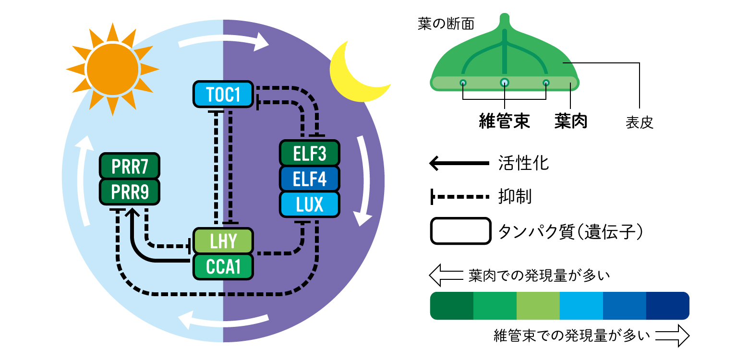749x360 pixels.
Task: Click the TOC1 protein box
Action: click(x=223, y=94)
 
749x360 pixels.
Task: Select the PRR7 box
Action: click(x=130, y=166)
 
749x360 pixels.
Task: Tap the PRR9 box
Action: click(x=130, y=192)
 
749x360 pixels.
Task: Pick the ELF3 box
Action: click(x=310, y=153)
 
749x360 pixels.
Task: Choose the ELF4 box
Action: click(x=310, y=179)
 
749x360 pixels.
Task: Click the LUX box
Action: click(x=310, y=204)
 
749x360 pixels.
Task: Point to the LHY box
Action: click(x=223, y=240)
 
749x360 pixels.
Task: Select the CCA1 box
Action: click(x=223, y=266)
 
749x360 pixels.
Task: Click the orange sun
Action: click(x=113, y=70)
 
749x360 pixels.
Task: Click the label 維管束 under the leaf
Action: click(x=504, y=121)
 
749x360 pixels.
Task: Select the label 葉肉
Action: click(x=571, y=121)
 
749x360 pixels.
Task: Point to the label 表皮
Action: click(x=640, y=123)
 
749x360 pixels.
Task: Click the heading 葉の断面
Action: click(x=446, y=24)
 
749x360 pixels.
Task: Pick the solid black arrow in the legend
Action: click(x=459, y=164)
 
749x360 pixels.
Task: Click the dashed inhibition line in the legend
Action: click(x=460, y=196)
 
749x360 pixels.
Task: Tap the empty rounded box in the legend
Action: click(x=461, y=231)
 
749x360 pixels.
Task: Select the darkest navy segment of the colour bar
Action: click(x=668, y=305)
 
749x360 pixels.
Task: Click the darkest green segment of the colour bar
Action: click(x=452, y=305)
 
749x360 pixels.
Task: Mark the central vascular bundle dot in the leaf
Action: click(x=505, y=83)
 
